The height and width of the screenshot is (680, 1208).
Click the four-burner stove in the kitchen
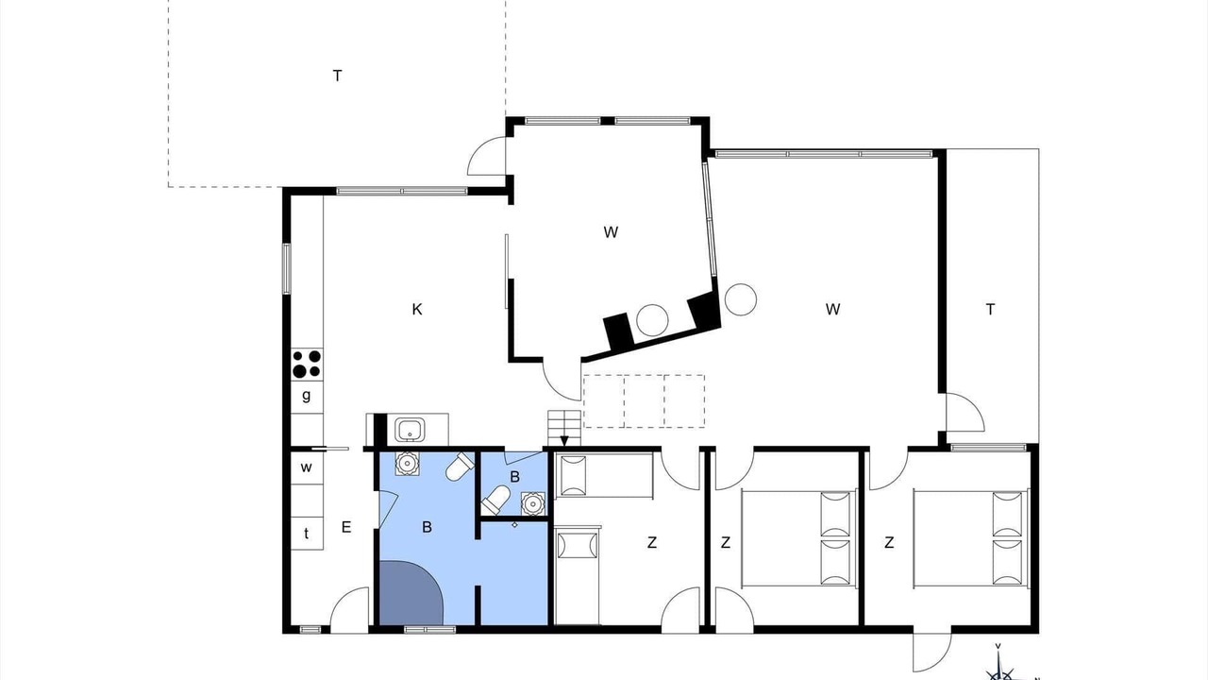coord(307,364)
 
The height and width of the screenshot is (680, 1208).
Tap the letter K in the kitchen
coord(417,309)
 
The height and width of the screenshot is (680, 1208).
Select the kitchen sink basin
coord(410,430)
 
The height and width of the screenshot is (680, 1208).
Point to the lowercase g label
coord(307,396)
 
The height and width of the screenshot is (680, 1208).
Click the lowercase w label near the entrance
coord(307,467)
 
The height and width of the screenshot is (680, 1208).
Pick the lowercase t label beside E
coord(307,534)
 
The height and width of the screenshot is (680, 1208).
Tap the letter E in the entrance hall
coord(346,527)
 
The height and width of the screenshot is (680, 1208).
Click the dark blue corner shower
coord(410,592)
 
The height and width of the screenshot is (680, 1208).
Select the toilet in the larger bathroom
coord(460,467)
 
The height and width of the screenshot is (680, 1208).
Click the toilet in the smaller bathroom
coord(495,500)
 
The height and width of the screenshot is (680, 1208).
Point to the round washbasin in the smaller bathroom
coord(533,503)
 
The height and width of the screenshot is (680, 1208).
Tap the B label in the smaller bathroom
coord(515,477)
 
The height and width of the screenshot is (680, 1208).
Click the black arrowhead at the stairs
coord(564,441)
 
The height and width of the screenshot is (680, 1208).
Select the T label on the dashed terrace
coord(338,76)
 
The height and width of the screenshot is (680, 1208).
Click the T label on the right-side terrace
coord(990,309)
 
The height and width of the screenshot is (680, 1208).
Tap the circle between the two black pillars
coord(652,320)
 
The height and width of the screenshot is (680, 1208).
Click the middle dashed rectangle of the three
coord(645,401)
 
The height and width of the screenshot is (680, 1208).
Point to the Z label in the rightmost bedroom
coord(889,542)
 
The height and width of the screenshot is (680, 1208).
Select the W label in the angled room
coord(611,232)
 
